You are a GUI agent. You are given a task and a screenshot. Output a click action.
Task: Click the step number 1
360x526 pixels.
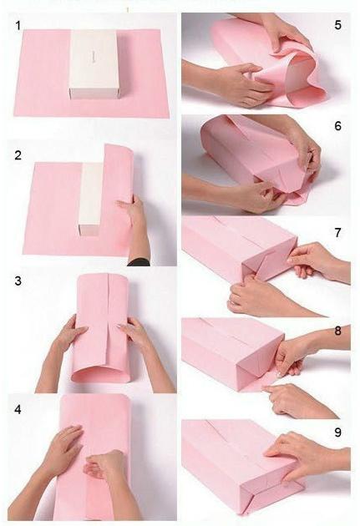point(18,26)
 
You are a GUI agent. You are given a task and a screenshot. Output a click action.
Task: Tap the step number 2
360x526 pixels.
point(18,155)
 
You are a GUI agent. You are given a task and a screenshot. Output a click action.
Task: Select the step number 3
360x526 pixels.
point(18,281)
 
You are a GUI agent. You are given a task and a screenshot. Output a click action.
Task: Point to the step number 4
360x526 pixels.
point(18,410)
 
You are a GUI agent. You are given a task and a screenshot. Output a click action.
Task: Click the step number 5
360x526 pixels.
point(337,25)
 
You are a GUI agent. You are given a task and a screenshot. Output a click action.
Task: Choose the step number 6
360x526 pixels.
point(337,126)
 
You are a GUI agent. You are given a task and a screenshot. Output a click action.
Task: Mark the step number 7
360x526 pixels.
point(337,232)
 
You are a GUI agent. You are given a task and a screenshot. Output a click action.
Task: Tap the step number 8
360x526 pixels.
point(337,331)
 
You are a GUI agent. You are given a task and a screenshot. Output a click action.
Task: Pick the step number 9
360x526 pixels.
point(337,432)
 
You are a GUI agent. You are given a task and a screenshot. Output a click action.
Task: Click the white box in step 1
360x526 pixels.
point(94,65)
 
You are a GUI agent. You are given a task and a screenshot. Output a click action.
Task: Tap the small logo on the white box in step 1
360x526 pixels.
point(94,57)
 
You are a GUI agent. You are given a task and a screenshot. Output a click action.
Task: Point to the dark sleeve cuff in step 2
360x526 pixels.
point(139,262)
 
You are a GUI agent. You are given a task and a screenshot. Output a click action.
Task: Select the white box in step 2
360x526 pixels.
point(90,199)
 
